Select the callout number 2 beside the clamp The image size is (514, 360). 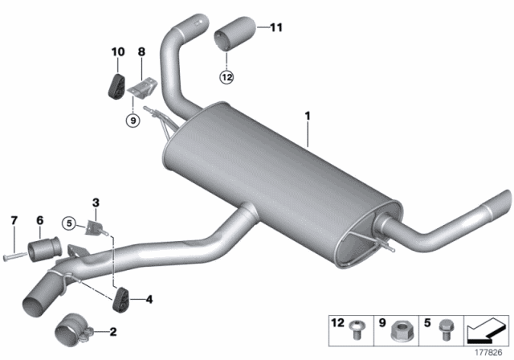click(112, 331)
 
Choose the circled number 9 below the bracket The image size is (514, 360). click(133, 121)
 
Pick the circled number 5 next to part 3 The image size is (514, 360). click(70, 223)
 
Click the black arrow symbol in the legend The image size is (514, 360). click(483, 329)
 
